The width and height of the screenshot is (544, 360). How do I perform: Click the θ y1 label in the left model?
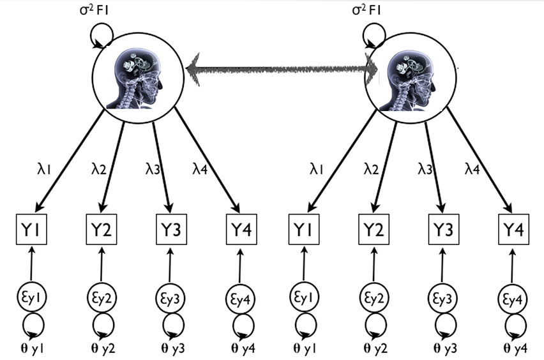click(29, 348)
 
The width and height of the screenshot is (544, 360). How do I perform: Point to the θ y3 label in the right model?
click(440, 348)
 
